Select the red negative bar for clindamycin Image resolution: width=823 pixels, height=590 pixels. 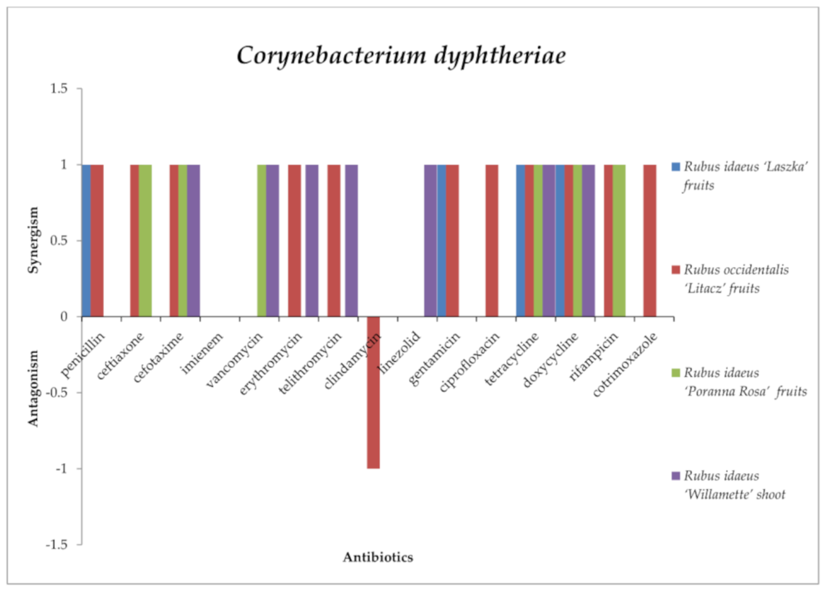(374, 392)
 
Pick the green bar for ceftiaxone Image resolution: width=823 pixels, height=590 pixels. (145, 241)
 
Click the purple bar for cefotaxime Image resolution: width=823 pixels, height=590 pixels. (193, 241)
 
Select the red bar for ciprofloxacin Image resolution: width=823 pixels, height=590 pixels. (492, 241)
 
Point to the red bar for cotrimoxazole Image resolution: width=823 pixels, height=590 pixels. (650, 241)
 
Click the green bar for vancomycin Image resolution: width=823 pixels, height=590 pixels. (262, 241)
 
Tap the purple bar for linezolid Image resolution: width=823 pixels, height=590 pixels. (430, 241)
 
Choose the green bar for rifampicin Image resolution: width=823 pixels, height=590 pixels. (619, 241)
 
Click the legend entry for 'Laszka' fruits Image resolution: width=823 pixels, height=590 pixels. (740, 176)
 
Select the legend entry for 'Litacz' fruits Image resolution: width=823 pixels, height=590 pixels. (733, 279)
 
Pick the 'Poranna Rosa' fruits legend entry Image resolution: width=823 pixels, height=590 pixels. (740, 382)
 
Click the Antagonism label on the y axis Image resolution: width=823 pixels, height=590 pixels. (33, 388)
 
